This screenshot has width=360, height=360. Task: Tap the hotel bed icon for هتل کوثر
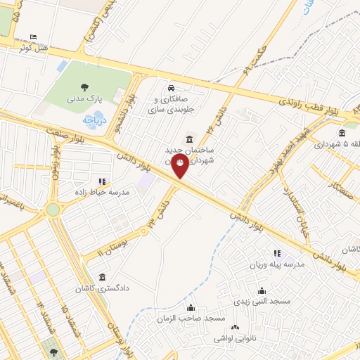coord(35,37)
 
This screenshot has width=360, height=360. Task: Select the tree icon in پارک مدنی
coord(84,87)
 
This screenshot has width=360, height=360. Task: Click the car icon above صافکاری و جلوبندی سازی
coord(172,88)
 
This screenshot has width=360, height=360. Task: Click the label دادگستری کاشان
coord(103,288)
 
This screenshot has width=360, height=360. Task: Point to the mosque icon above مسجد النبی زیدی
coord(262,290)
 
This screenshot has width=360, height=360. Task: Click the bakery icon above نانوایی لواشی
coord(235,327)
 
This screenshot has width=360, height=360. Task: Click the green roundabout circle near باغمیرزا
coord(52,209)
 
